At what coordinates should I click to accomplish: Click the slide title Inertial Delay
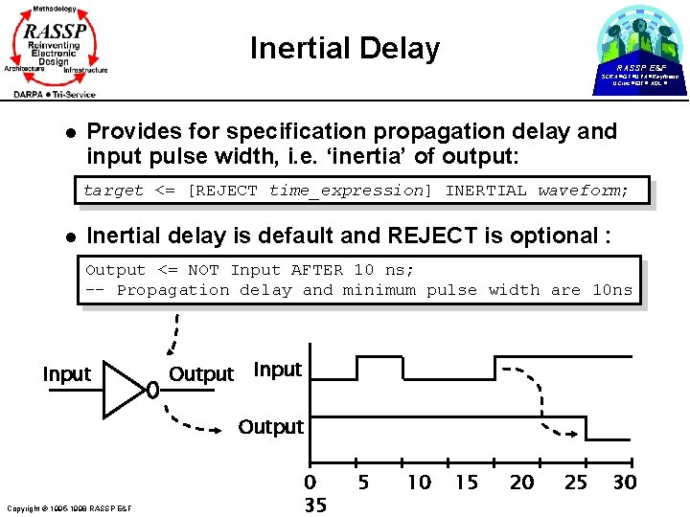[x=344, y=48]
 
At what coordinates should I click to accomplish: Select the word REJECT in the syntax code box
[x=227, y=191]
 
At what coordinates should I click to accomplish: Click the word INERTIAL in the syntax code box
[x=486, y=191]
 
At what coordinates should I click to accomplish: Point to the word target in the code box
[x=113, y=191]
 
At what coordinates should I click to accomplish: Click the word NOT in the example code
[x=203, y=271]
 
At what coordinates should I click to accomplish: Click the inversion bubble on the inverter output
[x=151, y=390]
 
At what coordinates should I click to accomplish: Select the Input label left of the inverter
[x=66, y=374]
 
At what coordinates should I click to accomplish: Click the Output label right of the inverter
[x=201, y=374]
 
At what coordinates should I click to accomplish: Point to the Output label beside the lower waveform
[x=270, y=426]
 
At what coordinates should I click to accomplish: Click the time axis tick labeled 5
[x=364, y=483]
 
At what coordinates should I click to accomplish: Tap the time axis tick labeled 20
[x=522, y=483]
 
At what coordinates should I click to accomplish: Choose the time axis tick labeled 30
[x=624, y=483]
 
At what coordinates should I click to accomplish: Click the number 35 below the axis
[x=315, y=505]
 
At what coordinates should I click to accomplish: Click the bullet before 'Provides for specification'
[x=59, y=131]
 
